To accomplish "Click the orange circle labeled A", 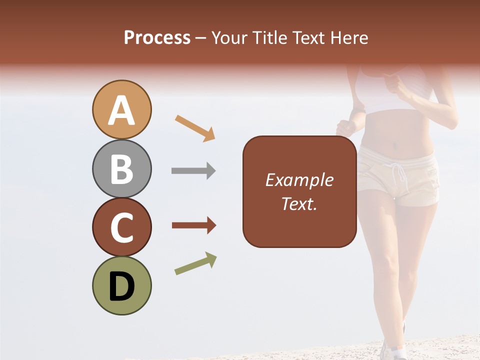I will (x=121, y=109).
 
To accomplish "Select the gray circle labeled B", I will (x=121, y=168).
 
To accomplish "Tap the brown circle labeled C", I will (x=121, y=227).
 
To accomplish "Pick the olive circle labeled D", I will (x=121, y=285).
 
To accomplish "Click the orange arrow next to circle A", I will (x=195, y=127).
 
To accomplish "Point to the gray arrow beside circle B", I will (x=193, y=170).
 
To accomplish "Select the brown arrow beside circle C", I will (x=194, y=225).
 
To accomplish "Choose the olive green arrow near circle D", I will (x=195, y=263).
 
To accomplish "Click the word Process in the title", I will (x=157, y=37).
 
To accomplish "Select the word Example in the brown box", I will (x=299, y=180).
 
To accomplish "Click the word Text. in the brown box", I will (x=299, y=203).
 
